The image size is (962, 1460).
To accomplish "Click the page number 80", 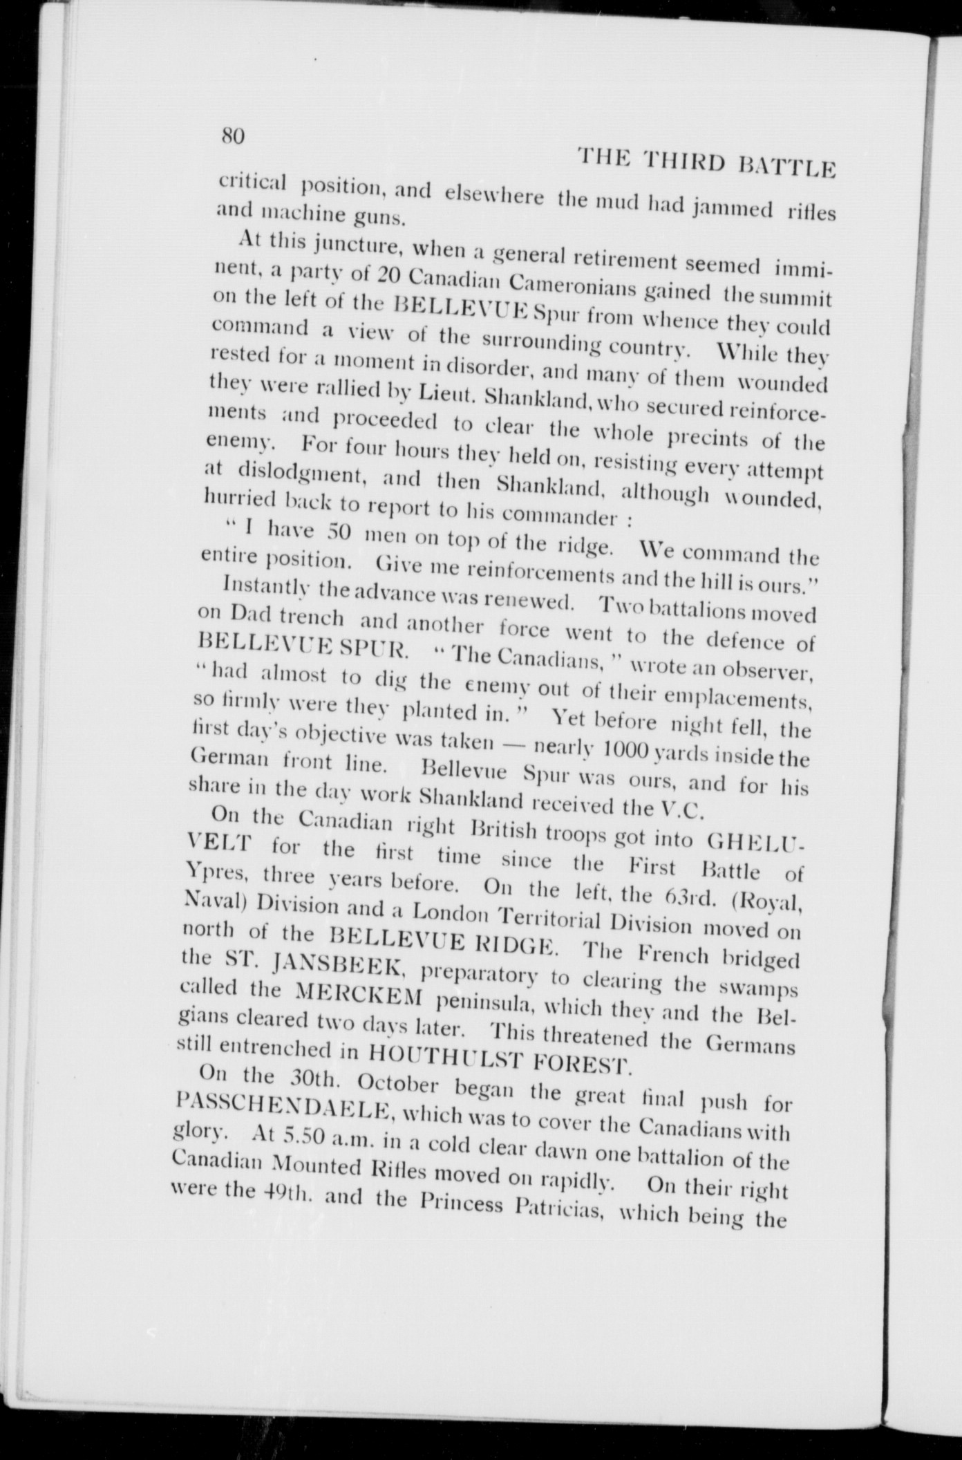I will pyautogui.click(x=233, y=135).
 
